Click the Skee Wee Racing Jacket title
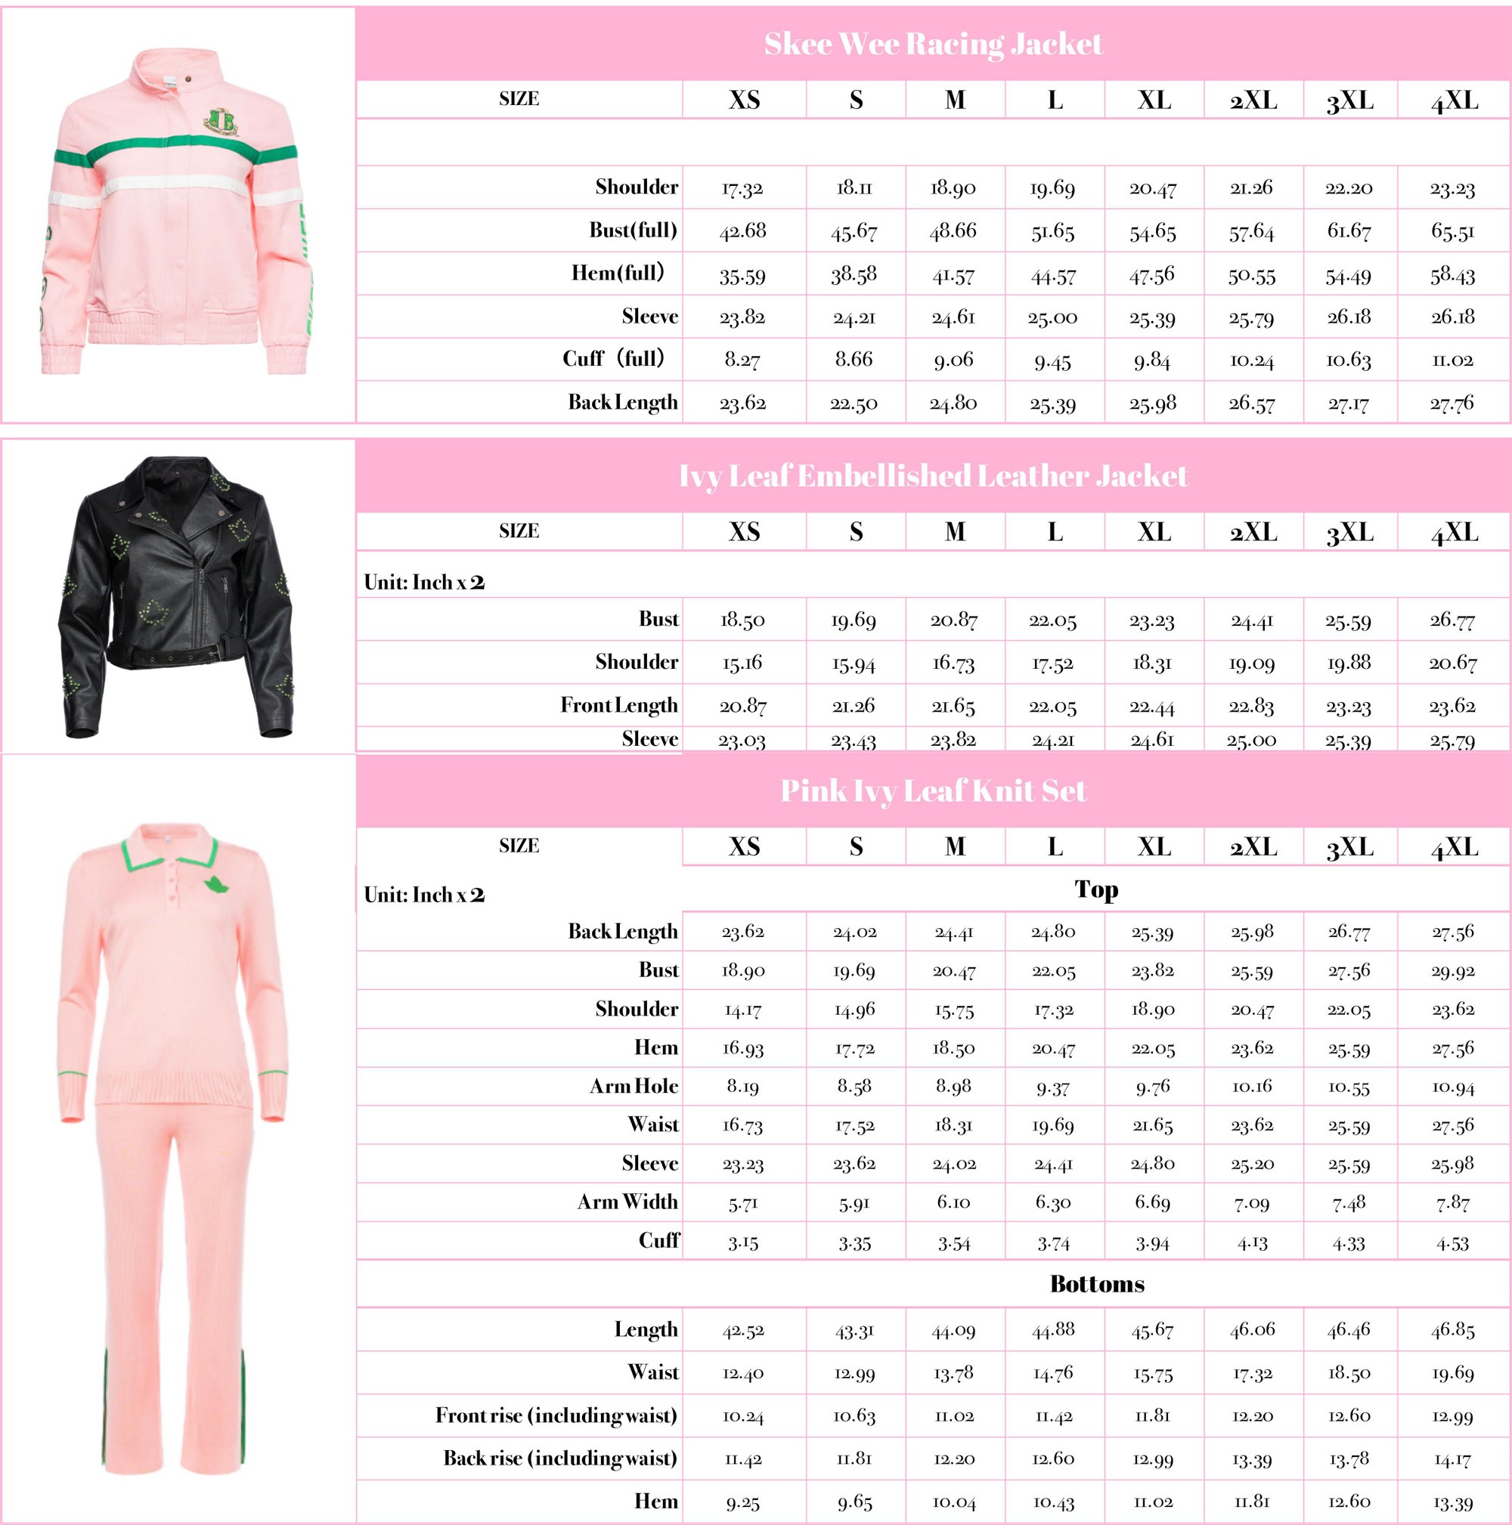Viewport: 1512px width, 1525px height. (932, 44)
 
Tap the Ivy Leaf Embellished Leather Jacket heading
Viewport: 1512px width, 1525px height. (932, 476)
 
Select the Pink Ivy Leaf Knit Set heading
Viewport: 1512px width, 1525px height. (932, 791)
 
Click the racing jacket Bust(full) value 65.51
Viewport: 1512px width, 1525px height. (1452, 231)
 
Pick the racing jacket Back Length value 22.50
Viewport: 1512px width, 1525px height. (854, 404)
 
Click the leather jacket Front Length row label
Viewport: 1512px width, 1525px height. (619, 705)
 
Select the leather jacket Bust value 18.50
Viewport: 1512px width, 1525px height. (742, 620)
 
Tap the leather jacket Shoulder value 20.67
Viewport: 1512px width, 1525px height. (1452, 663)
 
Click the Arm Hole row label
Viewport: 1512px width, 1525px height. (634, 1086)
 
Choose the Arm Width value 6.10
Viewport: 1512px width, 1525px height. (954, 1202)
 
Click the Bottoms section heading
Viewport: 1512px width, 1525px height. (1097, 1284)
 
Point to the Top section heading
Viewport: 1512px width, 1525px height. (1096, 889)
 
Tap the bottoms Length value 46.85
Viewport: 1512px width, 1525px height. (1452, 1330)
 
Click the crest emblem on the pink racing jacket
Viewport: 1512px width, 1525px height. (224, 120)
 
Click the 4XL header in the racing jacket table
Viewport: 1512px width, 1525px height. (1454, 101)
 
